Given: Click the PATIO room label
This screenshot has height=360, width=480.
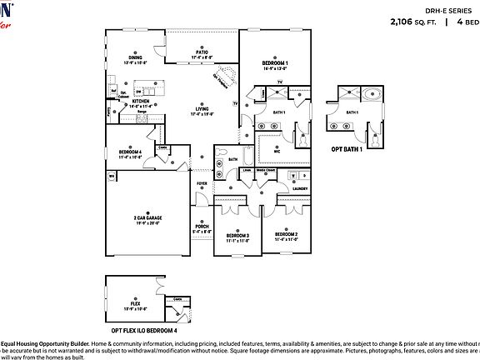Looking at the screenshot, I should coord(202,51).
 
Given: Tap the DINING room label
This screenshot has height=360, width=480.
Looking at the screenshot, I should coord(134,57).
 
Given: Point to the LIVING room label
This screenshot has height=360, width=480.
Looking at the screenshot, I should coord(202,108).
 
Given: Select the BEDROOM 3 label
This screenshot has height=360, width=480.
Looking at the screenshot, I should coord(237,236).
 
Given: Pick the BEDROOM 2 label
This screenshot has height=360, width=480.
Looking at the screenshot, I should coord(286,234).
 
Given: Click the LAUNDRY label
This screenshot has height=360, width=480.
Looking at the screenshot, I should coord(300,188).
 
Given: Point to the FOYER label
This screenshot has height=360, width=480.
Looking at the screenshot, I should coord(202,183).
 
